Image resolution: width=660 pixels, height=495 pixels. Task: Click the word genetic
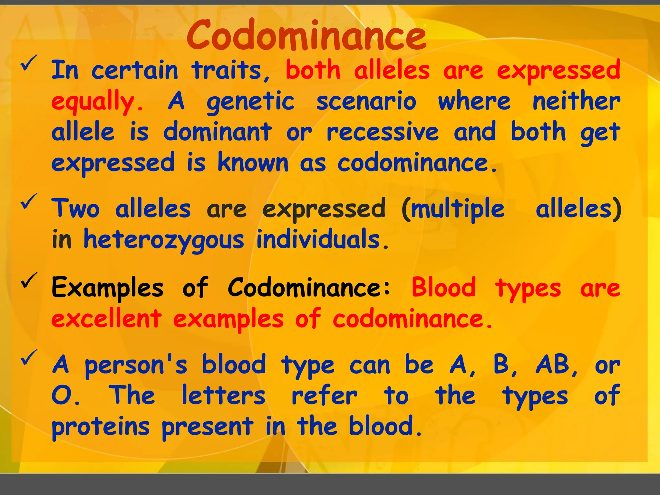pyautogui.click(x=250, y=102)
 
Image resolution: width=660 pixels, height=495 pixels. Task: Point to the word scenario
pyautogui.click(x=366, y=101)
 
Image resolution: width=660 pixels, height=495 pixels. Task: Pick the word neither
pyautogui.click(x=576, y=101)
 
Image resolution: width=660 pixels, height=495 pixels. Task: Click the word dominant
pyautogui.click(x=217, y=132)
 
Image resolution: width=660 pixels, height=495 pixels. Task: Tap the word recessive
pyautogui.click(x=383, y=132)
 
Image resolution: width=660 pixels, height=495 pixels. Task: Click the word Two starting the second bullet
pyautogui.click(x=76, y=209)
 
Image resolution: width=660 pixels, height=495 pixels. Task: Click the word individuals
pyautogui.click(x=322, y=239)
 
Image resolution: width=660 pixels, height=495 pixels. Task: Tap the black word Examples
pyautogui.click(x=108, y=287)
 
